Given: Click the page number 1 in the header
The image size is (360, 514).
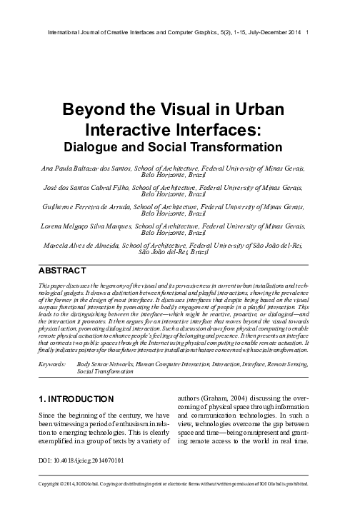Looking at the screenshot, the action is pyautogui.click(x=307, y=33).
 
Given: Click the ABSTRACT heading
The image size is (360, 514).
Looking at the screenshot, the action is pyautogui.click(x=62, y=271).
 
